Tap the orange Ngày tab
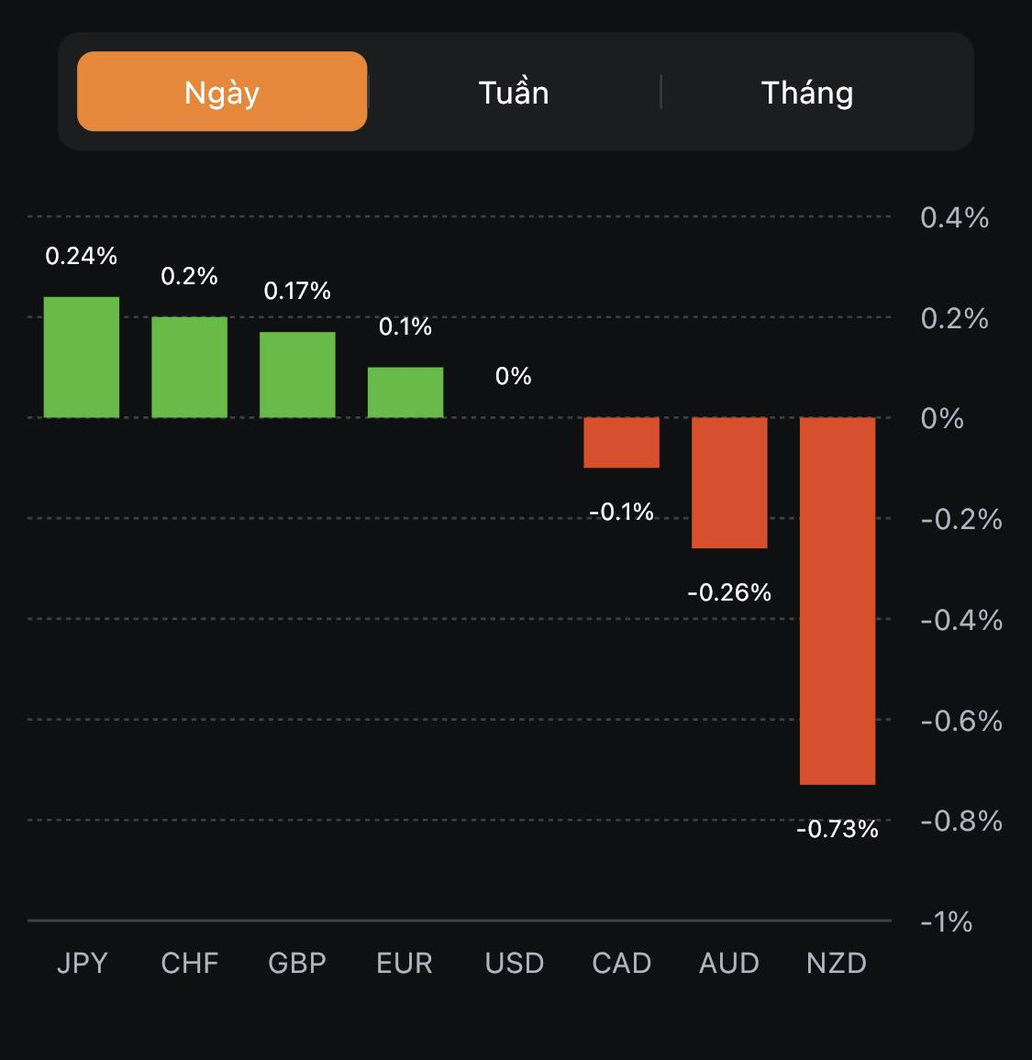(222, 92)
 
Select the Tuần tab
(514, 93)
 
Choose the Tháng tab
(807, 93)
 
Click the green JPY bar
(82, 357)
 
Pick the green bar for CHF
(189, 367)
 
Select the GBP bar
(297, 374)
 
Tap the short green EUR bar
(405, 392)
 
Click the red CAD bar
(622, 443)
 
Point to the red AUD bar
(729, 482)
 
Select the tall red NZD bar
(838, 601)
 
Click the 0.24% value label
(82, 256)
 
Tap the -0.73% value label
(838, 829)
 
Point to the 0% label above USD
(514, 376)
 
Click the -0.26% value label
(729, 592)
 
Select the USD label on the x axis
(515, 963)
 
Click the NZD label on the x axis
(837, 963)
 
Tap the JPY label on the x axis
(83, 963)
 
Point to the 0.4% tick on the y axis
(954, 217)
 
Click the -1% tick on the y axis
(947, 921)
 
